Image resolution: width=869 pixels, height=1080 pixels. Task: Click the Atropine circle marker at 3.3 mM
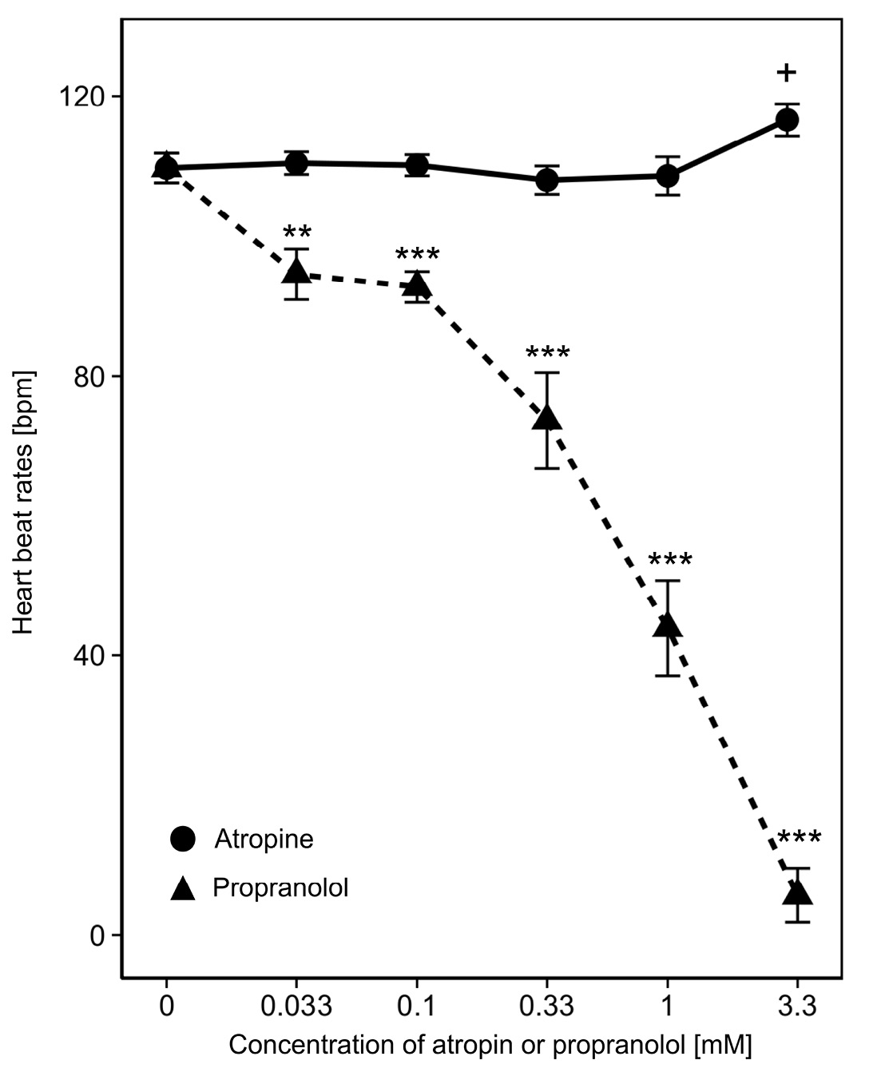tap(788, 120)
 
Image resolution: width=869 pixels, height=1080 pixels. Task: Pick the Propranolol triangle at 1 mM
tap(668, 625)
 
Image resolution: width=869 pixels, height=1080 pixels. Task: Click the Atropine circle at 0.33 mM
tap(547, 181)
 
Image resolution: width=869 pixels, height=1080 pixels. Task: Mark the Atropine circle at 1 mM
tap(668, 176)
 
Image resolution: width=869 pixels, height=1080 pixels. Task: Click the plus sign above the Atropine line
tap(787, 73)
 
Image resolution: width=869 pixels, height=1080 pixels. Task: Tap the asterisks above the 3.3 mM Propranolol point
tap(799, 840)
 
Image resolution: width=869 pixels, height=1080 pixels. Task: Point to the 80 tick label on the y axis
tap(89, 376)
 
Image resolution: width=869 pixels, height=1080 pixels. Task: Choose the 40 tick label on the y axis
tap(89, 656)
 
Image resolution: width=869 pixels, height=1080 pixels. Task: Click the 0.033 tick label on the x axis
tap(296, 1006)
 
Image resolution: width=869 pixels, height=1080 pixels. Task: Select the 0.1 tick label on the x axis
tap(417, 1006)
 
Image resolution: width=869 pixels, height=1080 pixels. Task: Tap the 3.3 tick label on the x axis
tap(797, 1006)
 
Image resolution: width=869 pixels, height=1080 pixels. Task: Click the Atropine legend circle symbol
tap(183, 840)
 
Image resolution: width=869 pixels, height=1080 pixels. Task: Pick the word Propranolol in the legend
tap(280, 887)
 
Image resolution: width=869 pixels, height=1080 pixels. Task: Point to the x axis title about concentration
tap(490, 1045)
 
